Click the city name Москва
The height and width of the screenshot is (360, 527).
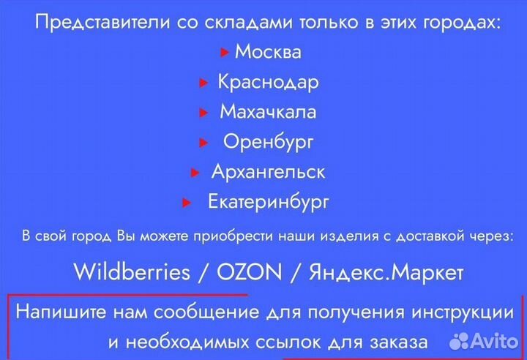tap(268, 52)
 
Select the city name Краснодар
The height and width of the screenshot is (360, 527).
tap(268, 82)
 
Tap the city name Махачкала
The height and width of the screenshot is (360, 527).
tap(268, 112)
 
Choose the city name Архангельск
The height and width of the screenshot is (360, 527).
tap(268, 171)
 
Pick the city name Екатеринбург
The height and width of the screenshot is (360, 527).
tap(268, 200)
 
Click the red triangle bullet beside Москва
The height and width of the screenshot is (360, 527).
tap(225, 53)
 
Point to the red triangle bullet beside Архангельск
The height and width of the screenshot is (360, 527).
tap(195, 173)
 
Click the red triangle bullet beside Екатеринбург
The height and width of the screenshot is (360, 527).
tap(187, 202)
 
